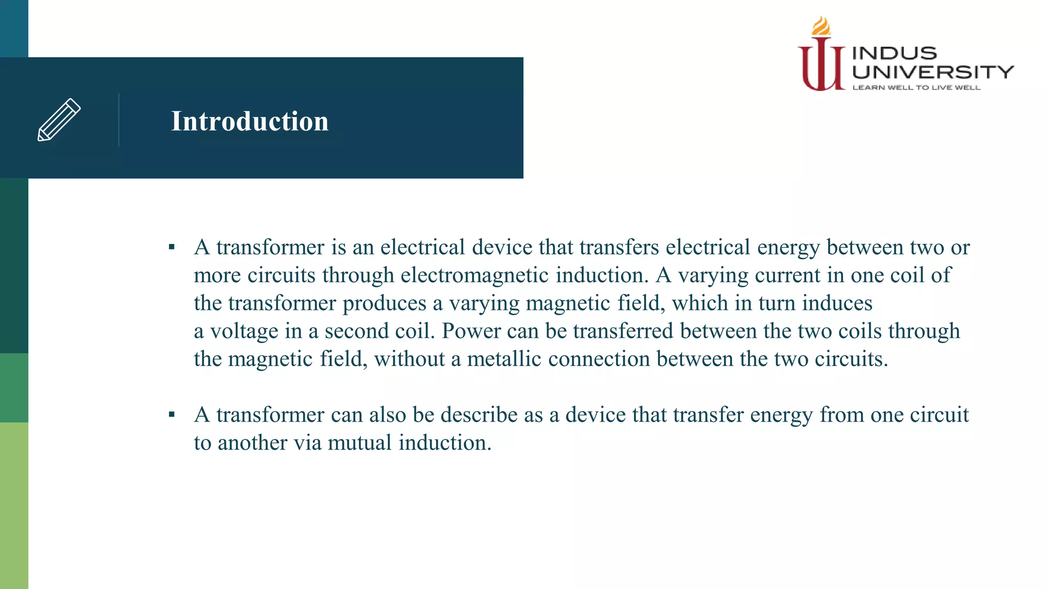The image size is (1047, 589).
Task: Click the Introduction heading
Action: pyautogui.click(x=249, y=122)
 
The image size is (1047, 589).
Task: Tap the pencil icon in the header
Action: pyautogui.click(x=59, y=120)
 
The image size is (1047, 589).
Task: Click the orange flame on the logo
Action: pyautogui.click(x=821, y=26)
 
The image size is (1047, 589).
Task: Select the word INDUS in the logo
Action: pyautogui.click(x=894, y=53)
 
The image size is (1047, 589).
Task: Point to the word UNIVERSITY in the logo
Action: pyautogui.click(x=932, y=72)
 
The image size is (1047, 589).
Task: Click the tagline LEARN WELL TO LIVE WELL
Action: pyautogui.click(x=916, y=88)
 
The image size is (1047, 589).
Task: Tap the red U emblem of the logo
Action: pyautogui.click(x=821, y=66)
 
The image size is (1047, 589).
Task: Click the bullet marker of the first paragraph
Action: pyautogui.click(x=172, y=248)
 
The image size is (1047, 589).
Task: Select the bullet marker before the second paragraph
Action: pyautogui.click(x=172, y=415)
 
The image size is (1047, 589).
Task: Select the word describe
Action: pyautogui.click(x=479, y=415)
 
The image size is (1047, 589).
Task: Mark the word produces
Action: pyautogui.click(x=384, y=304)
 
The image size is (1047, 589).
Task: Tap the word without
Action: pyautogui.click(x=409, y=359)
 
